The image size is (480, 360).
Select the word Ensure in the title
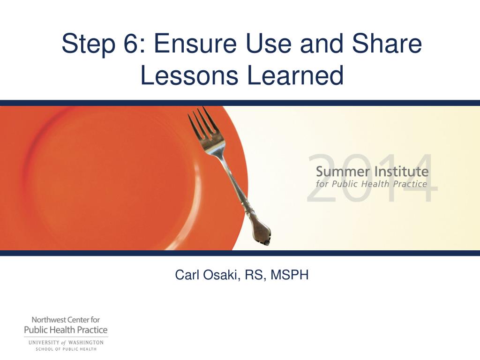point(195,43)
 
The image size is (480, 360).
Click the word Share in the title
point(387,43)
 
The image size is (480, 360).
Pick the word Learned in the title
point(295,75)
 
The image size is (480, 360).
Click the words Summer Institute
point(372,172)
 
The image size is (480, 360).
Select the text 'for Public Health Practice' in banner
point(371,184)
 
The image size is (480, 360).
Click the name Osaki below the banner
point(220,275)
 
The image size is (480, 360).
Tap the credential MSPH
point(290,275)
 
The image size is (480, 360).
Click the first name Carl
point(187,275)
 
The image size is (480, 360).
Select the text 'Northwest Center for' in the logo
point(66,320)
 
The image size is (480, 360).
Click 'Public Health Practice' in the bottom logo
point(66,330)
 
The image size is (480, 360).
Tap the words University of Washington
point(66,343)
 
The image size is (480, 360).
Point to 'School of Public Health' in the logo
point(66,349)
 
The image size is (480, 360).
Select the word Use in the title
point(268,43)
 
